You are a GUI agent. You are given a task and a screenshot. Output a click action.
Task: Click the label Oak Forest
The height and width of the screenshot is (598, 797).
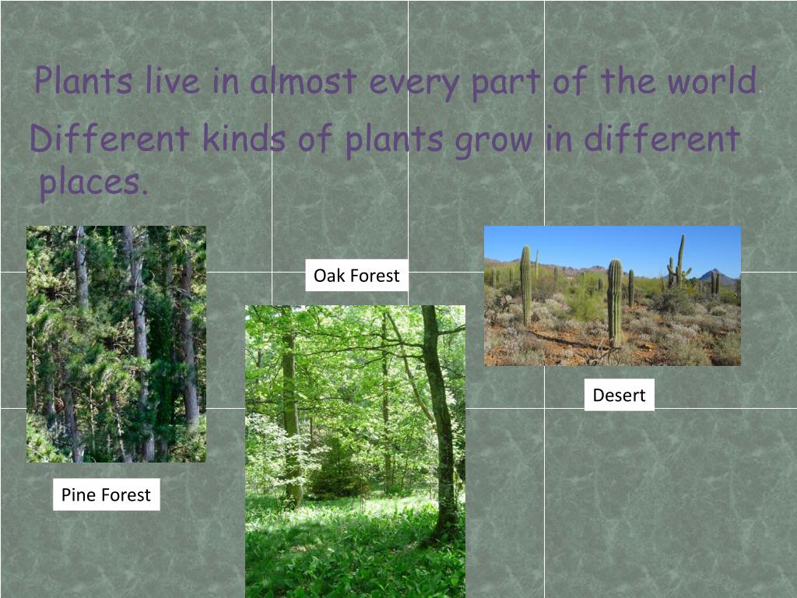356,276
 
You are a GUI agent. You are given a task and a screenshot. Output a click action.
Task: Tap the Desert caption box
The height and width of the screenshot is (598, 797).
619,395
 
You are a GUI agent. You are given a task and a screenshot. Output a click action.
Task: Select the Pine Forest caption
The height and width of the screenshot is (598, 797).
106,494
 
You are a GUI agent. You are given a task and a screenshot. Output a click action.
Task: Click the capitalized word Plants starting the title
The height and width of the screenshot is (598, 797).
83,82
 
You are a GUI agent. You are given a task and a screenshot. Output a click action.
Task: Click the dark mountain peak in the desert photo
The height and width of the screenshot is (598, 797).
714,276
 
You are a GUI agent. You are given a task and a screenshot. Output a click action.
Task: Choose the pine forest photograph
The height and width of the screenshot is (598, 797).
116,343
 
